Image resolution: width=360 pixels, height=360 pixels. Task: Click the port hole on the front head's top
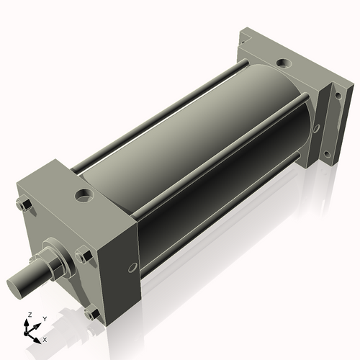pos(86,195)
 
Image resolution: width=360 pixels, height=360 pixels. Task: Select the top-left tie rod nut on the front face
pos(24,207)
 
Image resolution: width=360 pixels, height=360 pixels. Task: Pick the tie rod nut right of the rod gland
pos(82,256)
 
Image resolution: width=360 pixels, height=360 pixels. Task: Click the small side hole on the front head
pos(132,268)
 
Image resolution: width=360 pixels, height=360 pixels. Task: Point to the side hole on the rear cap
pos(316,129)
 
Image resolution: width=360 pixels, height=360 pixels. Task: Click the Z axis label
pos(29,315)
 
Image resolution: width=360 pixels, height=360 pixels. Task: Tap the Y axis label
pos(44,318)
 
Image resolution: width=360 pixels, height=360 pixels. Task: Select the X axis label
pos(45,338)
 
